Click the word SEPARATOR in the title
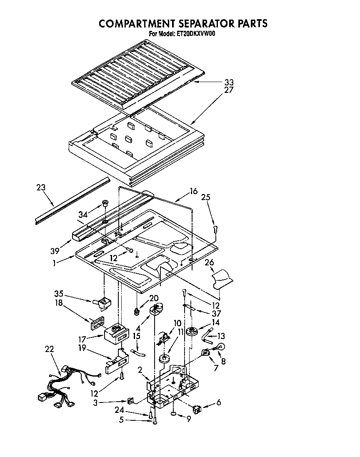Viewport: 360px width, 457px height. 194,23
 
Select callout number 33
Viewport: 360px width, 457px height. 229,82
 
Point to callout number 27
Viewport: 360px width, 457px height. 229,90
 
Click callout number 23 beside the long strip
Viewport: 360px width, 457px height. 41,187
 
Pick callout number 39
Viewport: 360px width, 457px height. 55,251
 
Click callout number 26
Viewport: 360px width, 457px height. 209,263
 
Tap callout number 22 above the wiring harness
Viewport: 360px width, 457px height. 49,349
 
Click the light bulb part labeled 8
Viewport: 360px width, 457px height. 220,347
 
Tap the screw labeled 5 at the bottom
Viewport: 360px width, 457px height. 155,421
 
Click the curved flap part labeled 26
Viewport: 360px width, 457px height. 222,278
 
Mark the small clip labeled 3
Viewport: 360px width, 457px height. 130,401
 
